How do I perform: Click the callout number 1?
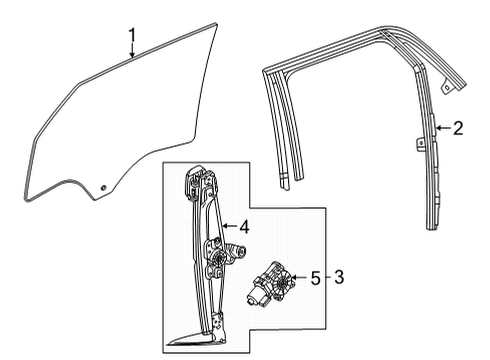coord(131,39)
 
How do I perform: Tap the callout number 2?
coord(458,128)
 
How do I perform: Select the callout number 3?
coord(339,277)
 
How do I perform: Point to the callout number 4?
coord(243,227)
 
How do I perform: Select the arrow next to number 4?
coord(228,227)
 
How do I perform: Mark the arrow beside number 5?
coord(300,277)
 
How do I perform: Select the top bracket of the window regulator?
coord(196,186)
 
